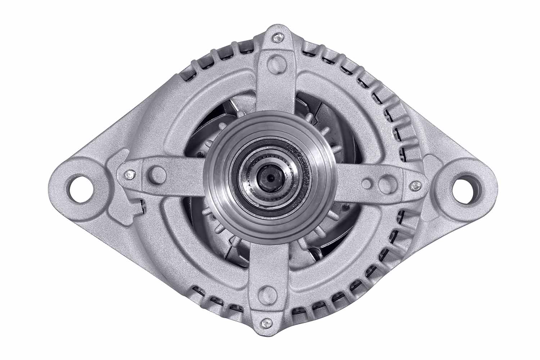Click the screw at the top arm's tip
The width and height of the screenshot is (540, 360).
(276, 37)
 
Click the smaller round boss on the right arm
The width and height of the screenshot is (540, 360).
(367, 183)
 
